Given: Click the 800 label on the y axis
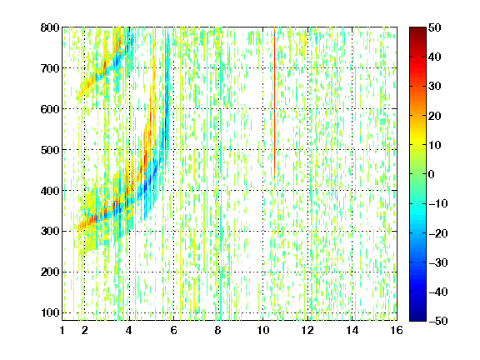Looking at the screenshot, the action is point(50,27).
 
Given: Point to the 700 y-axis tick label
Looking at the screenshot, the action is point(50,68).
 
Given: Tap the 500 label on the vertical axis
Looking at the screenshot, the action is point(50,150).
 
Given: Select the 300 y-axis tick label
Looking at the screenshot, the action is point(50,232).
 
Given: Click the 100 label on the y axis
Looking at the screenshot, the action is point(50,312).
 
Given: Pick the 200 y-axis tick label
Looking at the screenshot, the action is point(50,272).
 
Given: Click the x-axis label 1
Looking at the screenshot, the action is point(62,330).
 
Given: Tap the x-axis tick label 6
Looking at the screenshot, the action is point(173,330).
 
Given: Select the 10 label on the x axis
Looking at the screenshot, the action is point(262,330).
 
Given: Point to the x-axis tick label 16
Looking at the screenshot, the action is point(397,330).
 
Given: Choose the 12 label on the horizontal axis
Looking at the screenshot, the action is point(307,330).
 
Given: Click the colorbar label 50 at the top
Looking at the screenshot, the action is point(435,27).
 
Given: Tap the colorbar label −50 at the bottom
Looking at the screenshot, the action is point(438,321).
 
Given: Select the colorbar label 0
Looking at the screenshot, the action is point(432,174).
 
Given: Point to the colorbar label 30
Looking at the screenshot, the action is point(435,87).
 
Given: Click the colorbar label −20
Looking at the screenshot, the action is point(438,232).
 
